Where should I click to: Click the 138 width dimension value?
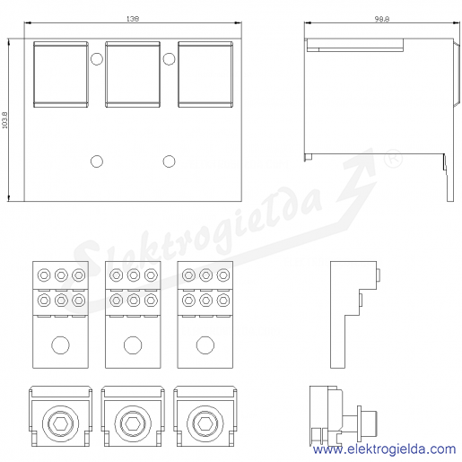[133, 19]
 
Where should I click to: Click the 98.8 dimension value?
[382, 19]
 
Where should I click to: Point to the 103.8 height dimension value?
[4, 120]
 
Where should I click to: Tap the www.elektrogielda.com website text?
[384, 449]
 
